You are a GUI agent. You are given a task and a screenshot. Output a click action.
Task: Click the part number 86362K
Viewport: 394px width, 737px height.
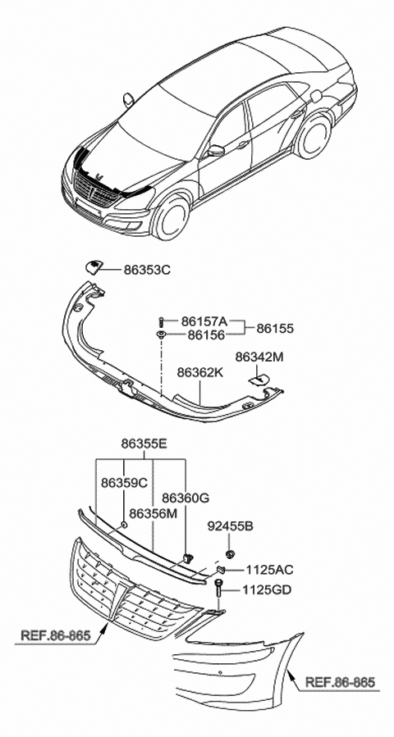(x=200, y=372)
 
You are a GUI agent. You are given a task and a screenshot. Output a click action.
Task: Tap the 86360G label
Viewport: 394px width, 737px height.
(x=186, y=498)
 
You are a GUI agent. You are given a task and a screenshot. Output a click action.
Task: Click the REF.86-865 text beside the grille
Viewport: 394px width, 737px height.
(x=55, y=634)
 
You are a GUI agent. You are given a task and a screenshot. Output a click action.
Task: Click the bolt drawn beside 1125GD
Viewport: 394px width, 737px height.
(x=222, y=587)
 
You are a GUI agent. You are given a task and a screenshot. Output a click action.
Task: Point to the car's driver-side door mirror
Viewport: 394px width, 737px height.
(x=216, y=150)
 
